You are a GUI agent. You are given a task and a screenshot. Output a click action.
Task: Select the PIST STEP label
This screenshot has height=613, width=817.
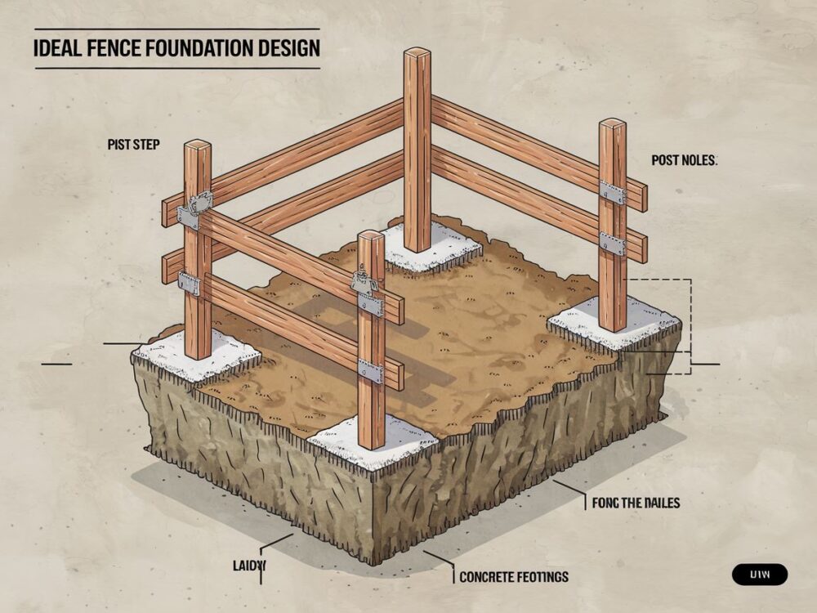point(133,144)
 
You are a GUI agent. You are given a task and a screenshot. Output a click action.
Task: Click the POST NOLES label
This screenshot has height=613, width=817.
point(684,161)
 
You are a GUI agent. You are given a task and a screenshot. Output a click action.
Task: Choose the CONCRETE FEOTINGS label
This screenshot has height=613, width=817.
point(513,577)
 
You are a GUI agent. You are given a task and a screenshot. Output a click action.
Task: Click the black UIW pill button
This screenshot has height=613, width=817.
point(760,575)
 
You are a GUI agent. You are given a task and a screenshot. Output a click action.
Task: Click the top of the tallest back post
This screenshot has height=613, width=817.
point(417,55)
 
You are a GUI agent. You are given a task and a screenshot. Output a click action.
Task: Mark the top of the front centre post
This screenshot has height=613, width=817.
point(371,237)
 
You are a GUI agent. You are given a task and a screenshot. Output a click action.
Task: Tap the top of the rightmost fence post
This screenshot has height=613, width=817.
point(612,126)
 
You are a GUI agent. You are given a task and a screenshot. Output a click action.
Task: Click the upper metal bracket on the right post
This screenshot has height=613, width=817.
point(612,193)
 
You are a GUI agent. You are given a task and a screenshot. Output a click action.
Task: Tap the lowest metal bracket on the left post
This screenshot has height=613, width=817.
point(190,283)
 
